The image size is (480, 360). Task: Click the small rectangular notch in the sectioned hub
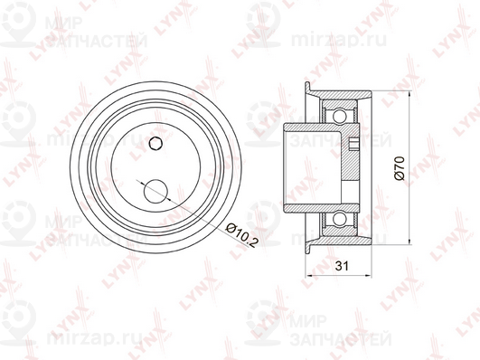(355, 142)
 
